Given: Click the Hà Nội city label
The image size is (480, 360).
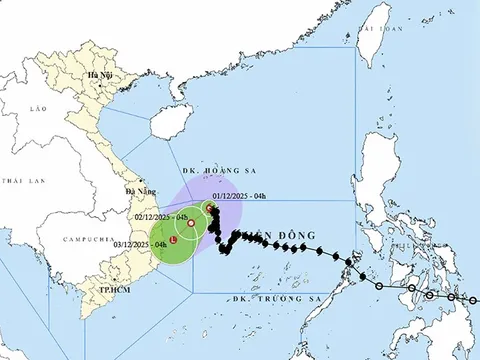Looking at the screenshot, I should coord(99,76).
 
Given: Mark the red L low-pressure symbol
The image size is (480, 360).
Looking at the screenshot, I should coord(174,241).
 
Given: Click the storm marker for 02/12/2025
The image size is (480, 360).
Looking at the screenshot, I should coord(191,223).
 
